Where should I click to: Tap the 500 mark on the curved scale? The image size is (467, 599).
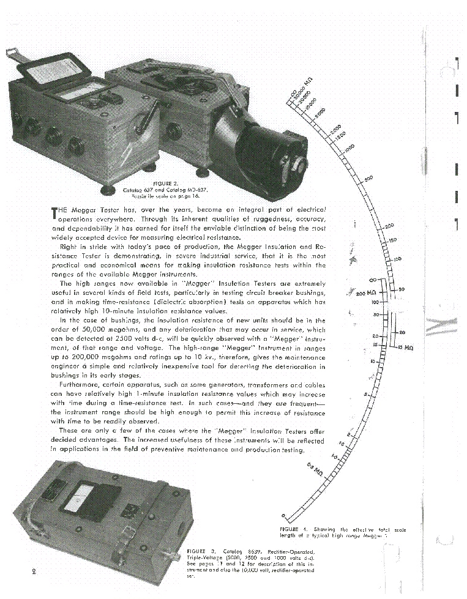368,178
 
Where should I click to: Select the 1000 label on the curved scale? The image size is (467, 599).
349,148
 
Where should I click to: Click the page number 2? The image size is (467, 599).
34,571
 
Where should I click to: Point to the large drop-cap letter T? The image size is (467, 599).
54,213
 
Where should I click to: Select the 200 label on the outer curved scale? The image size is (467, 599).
389,226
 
